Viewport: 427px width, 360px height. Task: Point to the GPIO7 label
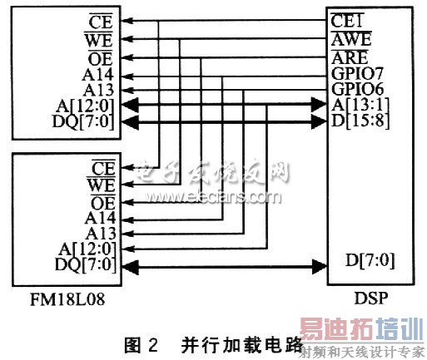357,73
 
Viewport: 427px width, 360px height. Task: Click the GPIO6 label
357,89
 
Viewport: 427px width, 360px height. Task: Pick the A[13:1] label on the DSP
356,105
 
